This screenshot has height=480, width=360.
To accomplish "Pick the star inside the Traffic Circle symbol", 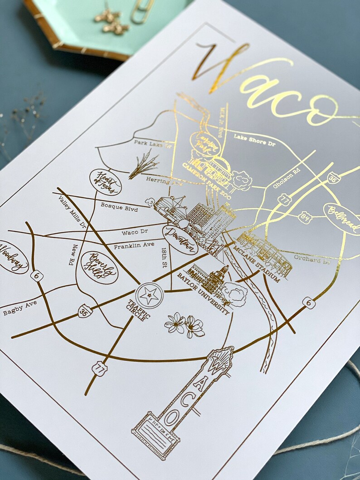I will tap(150, 296).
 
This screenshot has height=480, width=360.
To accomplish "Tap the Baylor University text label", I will tap(203, 293).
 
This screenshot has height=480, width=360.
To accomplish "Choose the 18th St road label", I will tap(166, 259).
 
